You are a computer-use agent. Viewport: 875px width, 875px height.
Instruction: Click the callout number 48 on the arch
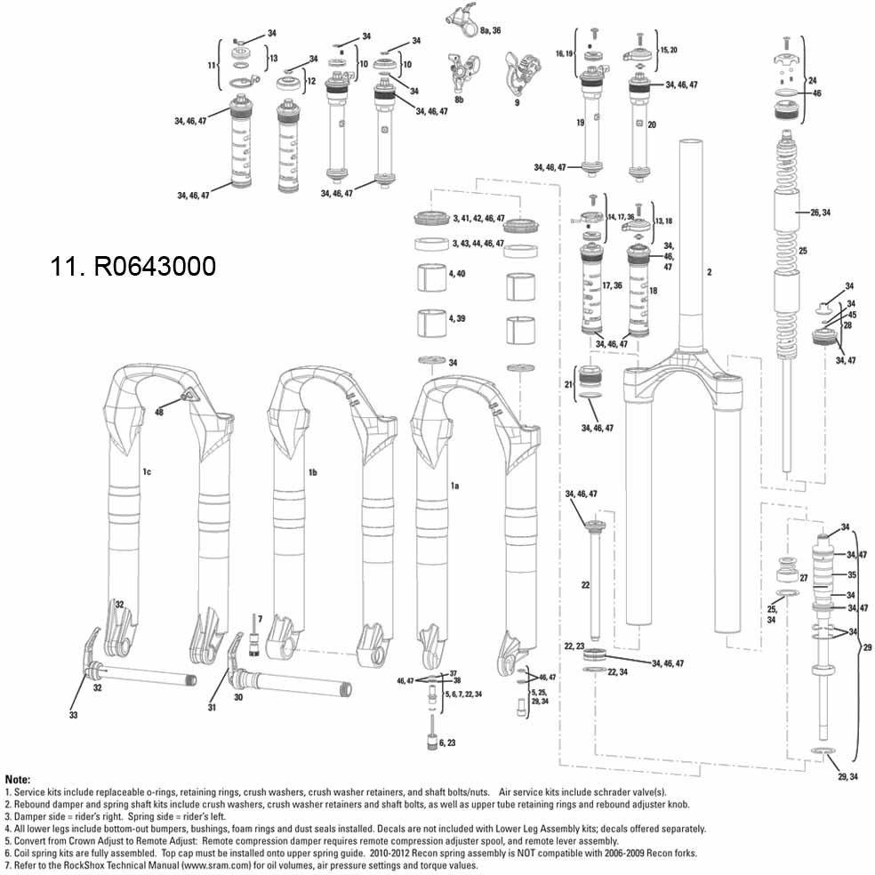(160, 413)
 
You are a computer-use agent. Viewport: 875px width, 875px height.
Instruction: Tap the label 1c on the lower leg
(147, 471)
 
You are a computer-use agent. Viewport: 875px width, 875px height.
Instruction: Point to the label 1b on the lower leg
(312, 471)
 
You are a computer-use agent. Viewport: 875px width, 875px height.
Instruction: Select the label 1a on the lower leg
(454, 486)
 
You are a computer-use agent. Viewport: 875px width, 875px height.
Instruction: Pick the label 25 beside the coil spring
(802, 252)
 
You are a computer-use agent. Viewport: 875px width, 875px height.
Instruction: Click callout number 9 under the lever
(516, 102)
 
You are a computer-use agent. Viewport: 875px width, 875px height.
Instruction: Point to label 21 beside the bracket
(568, 383)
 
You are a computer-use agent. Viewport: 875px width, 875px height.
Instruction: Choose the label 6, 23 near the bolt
(447, 742)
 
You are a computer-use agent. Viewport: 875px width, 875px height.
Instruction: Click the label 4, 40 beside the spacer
(457, 274)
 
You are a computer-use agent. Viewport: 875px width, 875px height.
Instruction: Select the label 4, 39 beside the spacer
(457, 317)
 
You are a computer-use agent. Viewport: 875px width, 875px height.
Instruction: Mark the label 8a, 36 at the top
(490, 30)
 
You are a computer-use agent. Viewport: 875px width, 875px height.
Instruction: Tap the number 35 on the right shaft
(851, 575)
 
